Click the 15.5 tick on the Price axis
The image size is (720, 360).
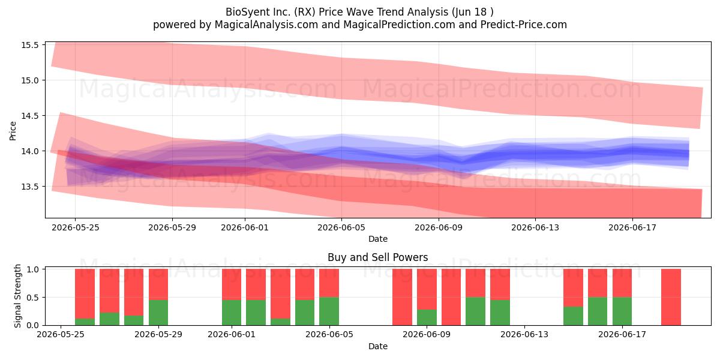[x=29, y=45]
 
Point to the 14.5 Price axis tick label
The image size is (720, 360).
[x=29, y=116]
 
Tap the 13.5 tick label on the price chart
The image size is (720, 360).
[x=29, y=187]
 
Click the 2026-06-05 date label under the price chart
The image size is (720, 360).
[x=341, y=227]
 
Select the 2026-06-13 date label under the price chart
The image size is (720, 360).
[x=535, y=227]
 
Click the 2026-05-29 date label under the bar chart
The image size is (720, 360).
[x=158, y=334]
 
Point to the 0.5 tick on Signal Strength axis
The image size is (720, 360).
[x=32, y=298]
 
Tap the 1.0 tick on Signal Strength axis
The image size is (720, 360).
[x=32, y=269]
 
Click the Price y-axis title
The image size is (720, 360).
[x=13, y=131]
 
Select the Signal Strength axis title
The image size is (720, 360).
[x=17, y=296]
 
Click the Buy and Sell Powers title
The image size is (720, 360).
[x=377, y=257]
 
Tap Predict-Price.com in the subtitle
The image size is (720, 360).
[x=524, y=25]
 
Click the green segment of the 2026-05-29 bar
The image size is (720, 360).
[x=158, y=313]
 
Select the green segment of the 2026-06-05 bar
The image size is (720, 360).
[x=329, y=311]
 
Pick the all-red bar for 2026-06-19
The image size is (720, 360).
[x=671, y=297]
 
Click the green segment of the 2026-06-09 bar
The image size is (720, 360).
[x=427, y=317]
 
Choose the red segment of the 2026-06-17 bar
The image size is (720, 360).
[x=622, y=283]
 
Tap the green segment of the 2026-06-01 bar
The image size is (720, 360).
[x=232, y=313]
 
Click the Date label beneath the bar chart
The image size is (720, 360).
[x=377, y=346]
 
